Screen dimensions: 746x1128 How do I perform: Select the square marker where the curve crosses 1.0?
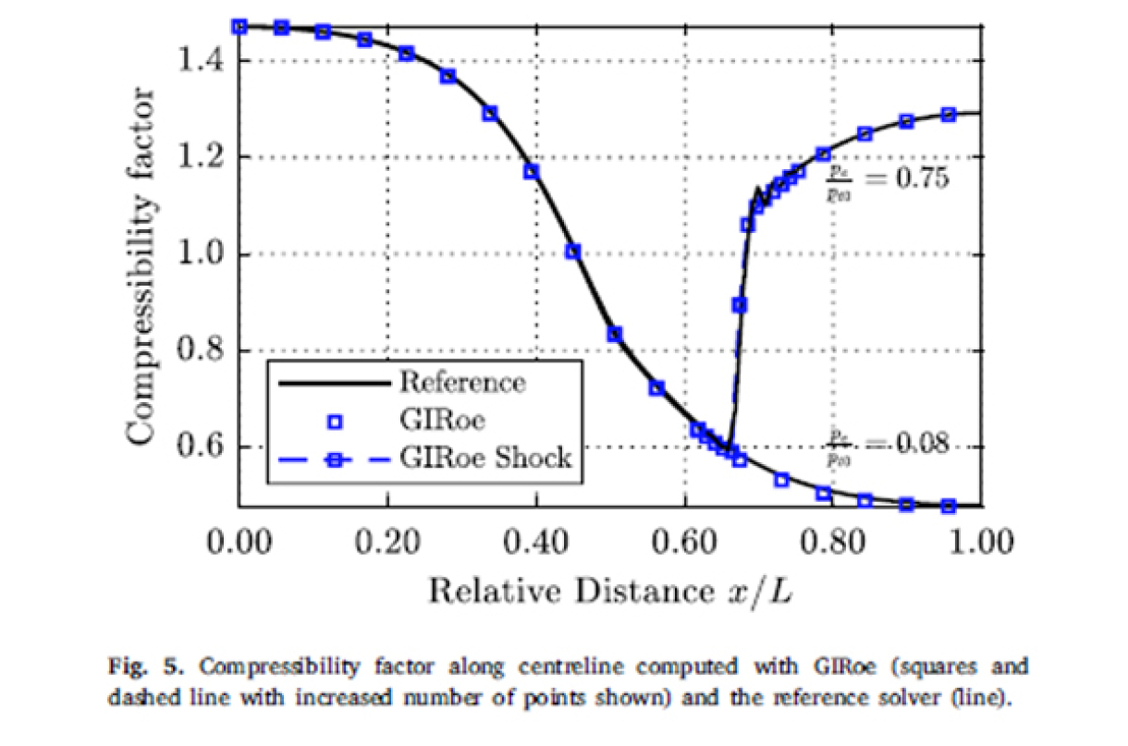(573, 251)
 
